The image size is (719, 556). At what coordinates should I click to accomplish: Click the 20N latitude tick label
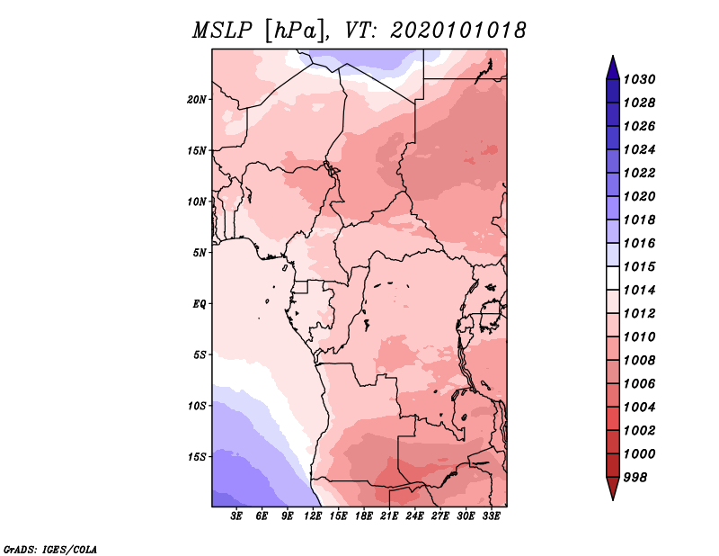point(197,100)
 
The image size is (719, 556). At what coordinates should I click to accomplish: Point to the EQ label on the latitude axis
point(200,304)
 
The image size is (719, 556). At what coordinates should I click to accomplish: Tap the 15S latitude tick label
point(197,457)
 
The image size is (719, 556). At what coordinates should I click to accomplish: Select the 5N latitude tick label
point(200,253)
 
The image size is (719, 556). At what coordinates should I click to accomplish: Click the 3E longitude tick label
point(236,516)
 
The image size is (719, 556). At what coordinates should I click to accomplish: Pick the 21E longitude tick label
point(389,516)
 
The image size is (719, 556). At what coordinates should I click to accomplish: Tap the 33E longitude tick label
point(491,516)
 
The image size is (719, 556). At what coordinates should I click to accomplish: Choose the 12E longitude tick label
point(313,516)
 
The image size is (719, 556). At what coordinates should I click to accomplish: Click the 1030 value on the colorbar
point(640,79)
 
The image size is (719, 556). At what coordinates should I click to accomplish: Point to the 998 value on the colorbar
point(635,478)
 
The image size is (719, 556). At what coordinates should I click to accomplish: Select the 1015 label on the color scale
point(640,266)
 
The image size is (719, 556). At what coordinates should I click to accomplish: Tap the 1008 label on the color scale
point(640,361)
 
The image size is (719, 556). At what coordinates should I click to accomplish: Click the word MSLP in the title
point(222,31)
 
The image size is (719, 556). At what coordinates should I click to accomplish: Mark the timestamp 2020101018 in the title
point(458,31)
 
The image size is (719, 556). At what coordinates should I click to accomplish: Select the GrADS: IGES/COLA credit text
point(50,550)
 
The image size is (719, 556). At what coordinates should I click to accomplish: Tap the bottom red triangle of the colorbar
point(613,488)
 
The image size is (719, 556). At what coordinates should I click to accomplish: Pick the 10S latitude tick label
point(197,406)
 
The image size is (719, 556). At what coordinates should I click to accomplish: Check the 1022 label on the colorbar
point(640,173)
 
